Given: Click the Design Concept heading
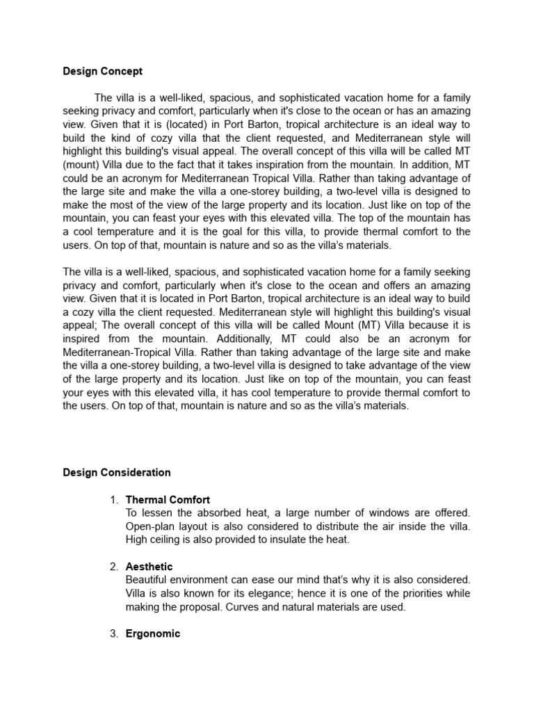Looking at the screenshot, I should [102, 71].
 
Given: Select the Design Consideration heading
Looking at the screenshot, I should [116, 472].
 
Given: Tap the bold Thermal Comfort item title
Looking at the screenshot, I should [168, 500].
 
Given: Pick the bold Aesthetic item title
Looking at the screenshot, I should [149, 567].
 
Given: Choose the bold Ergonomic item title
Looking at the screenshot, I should [152, 633].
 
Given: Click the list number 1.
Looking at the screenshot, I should [114, 500].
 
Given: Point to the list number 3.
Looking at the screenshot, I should [114, 633].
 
